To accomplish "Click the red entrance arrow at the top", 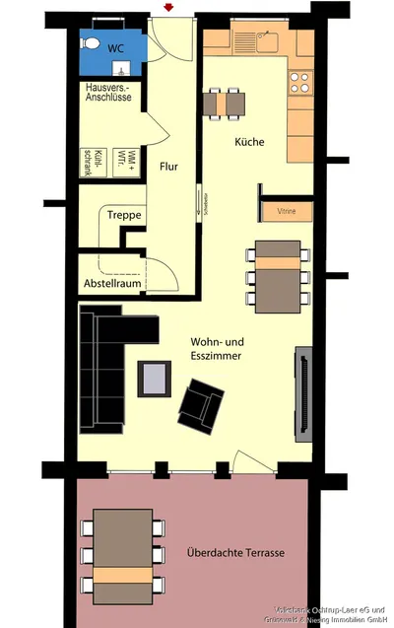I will pos(170,8).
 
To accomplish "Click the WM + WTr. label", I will pos(116,156).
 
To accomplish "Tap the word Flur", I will pos(169,168).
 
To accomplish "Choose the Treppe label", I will pos(124,215).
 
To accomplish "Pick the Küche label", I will pos(249,142).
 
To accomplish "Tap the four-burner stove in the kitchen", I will pos(299,81).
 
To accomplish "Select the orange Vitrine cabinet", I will pos(287,211).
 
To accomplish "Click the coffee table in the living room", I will pos(155,377).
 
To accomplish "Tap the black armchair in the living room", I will pos(202,404).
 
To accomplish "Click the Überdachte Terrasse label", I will pos(235,553).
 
